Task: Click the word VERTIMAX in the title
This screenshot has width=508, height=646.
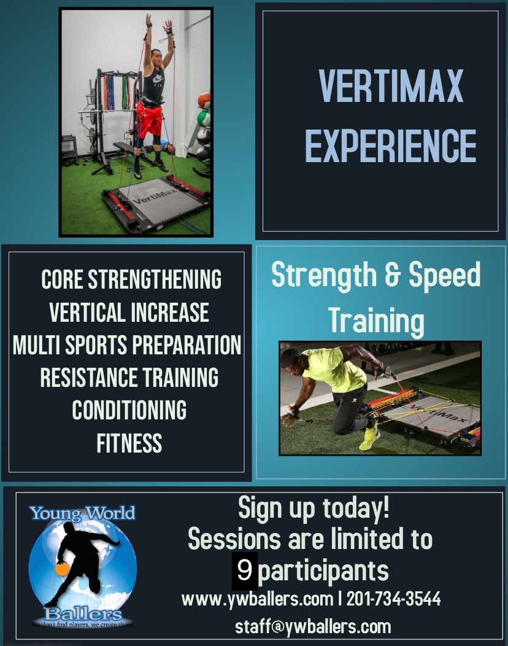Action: (391, 86)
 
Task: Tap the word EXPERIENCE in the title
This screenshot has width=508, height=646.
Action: (391, 146)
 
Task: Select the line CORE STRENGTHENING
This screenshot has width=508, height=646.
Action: (131, 279)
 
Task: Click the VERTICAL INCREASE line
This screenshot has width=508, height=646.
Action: (129, 313)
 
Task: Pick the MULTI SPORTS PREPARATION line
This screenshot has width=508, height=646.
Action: (127, 345)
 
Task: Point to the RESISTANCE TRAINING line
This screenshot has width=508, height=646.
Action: (129, 378)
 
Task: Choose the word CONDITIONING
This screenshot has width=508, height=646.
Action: (129, 410)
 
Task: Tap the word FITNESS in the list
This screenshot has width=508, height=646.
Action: (129, 443)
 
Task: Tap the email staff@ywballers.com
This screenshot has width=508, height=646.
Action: (313, 626)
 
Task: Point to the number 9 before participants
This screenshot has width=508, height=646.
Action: (245, 571)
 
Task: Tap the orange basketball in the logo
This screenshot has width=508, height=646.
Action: (62, 569)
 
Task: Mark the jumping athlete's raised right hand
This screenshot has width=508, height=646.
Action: (148, 21)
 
